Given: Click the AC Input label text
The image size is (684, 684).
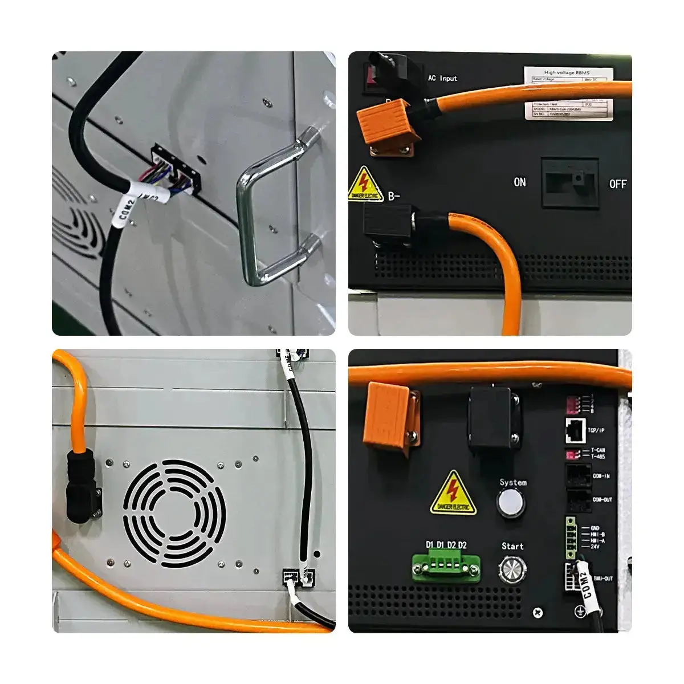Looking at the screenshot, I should click(x=442, y=78).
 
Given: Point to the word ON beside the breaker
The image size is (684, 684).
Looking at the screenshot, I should click(x=519, y=182).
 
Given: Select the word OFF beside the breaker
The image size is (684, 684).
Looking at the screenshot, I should click(x=617, y=184).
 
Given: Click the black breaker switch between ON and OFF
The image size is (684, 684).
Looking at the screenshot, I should click(x=569, y=183).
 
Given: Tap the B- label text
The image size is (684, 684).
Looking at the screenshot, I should click(x=394, y=197).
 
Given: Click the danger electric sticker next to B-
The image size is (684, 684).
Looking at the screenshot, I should click(x=365, y=184).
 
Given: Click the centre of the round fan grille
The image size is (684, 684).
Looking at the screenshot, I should click(x=174, y=514).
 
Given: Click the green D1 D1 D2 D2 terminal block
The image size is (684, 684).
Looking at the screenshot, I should click(x=446, y=565).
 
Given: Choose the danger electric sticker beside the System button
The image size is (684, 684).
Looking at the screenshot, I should click(x=453, y=493).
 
